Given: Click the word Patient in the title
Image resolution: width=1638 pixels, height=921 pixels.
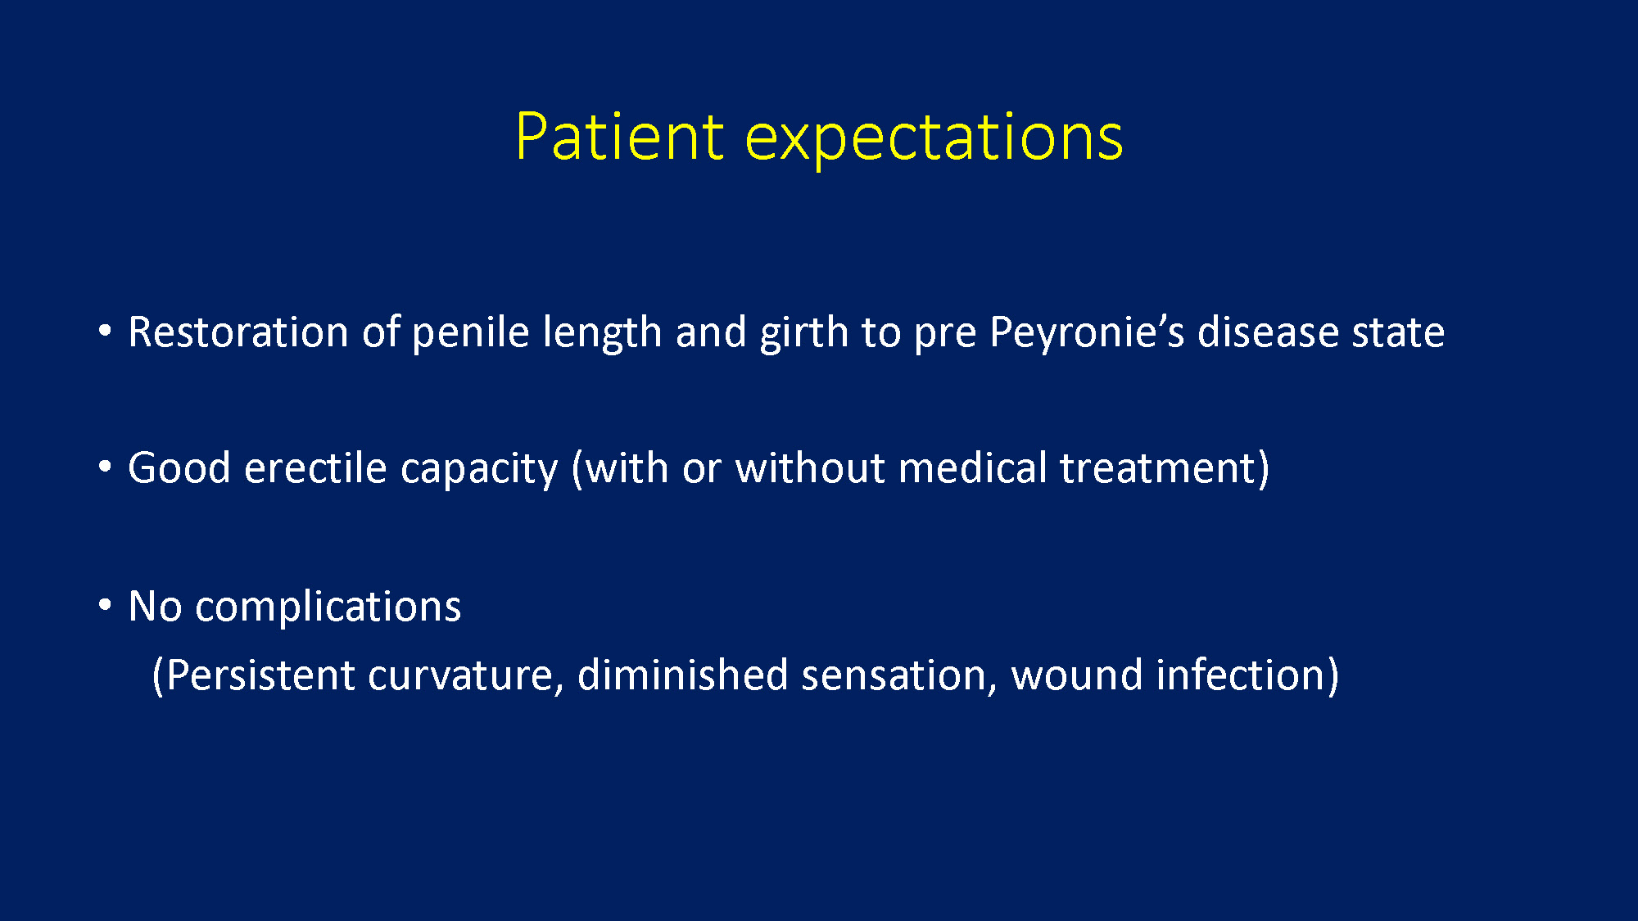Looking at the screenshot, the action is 619,136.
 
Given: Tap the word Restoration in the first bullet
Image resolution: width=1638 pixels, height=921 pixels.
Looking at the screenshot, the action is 238,332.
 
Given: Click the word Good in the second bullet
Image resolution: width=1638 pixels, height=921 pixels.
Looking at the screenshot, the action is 179,468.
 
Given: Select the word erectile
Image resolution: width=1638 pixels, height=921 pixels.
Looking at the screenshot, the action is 315,468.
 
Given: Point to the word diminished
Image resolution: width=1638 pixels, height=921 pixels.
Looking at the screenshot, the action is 682,675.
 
